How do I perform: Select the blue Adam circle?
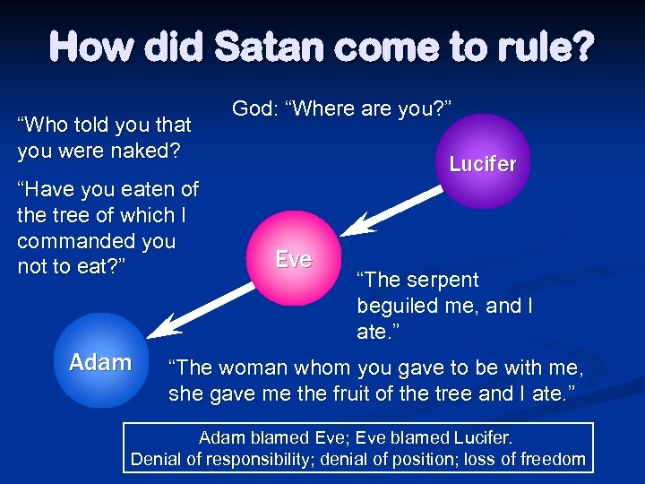99,362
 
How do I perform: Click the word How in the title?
86,47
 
